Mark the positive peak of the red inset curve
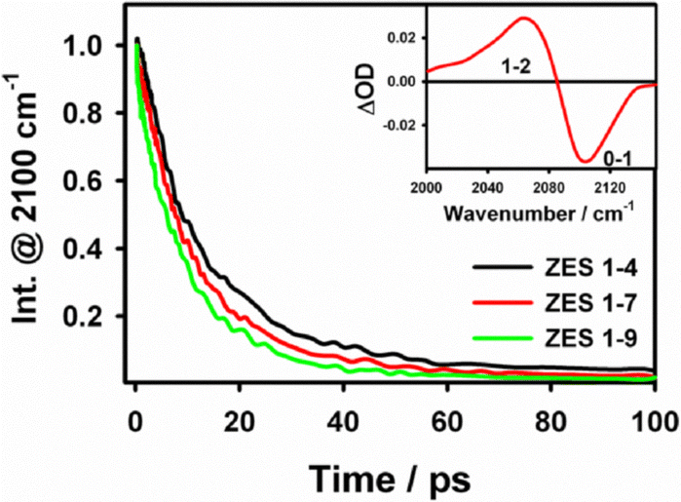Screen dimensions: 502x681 (x=524, y=19)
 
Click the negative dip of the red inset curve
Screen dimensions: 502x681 (x=585, y=161)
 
